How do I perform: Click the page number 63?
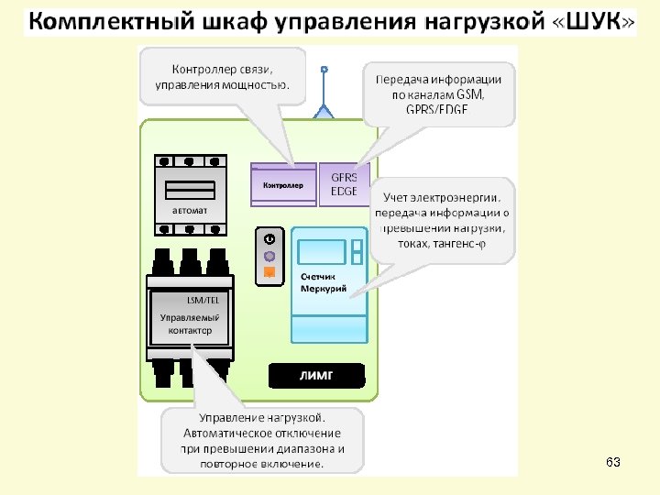click(613, 463)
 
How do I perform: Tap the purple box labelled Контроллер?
click(283, 185)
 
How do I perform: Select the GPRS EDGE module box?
click(345, 183)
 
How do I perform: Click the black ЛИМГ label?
click(316, 376)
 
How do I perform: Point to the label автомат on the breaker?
click(190, 210)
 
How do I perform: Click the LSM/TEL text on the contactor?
click(203, 300)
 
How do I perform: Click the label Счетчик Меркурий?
click(324, 282)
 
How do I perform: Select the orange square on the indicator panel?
click(269, 272)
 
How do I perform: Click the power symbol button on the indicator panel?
click(269, 238)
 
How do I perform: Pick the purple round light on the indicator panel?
click(269, 256)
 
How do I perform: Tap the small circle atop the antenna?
click(324, 69)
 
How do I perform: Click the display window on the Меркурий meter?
click(321, 251)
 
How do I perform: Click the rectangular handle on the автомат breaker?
click(190, 189)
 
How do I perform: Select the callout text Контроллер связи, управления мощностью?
click(223, 77)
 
